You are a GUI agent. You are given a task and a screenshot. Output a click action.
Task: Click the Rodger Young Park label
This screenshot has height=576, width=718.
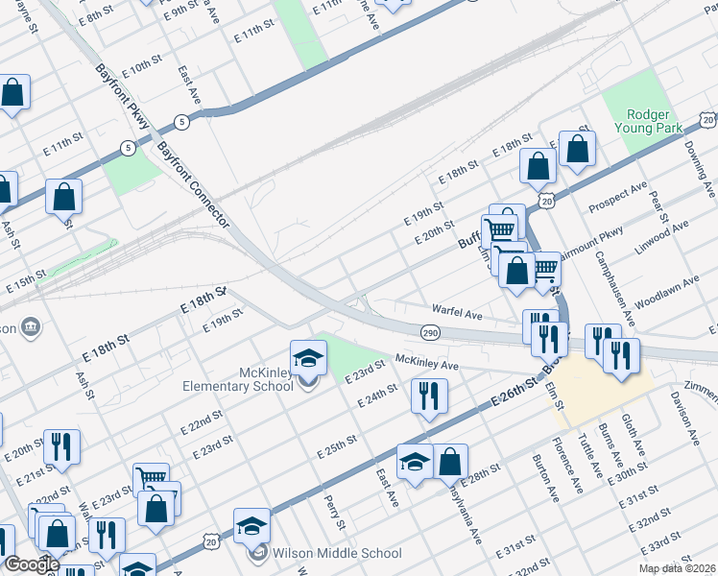click(647, 120)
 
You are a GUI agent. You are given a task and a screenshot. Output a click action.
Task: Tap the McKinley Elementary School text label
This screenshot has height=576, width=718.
click(238, 379)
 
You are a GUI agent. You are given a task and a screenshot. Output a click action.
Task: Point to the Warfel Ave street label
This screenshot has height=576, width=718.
click(456, 313)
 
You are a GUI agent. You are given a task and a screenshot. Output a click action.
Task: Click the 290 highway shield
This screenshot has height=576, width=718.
click(430, 332)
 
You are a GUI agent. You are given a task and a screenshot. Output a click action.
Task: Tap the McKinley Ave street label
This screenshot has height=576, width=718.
click(428, 365)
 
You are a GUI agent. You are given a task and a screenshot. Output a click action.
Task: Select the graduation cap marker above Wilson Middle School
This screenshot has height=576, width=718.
click(251, 526)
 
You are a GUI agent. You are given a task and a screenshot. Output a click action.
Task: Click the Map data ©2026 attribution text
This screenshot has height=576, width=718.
click(678, 568)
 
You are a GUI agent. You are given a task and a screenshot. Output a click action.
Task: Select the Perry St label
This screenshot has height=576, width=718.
click(334, 512)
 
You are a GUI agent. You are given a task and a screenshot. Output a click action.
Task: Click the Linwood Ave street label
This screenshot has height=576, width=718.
click(662, 234)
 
